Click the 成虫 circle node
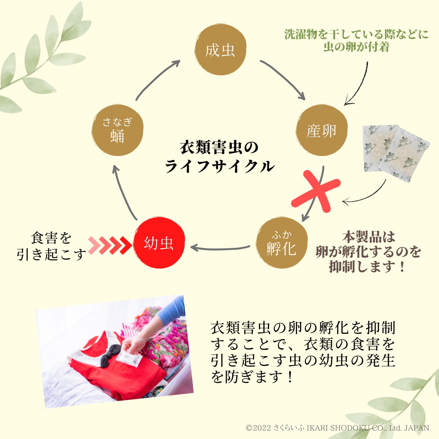click(x=220, y=50)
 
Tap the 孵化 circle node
click(x=282, y=243)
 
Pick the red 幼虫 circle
click(x=159, y=243)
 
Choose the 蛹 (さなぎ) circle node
click(x=117, y=130)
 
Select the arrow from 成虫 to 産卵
click(x=282, y=79)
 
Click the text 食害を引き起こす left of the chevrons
click(x=51, y=246)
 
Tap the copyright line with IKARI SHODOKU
click(x=337, y=428)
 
